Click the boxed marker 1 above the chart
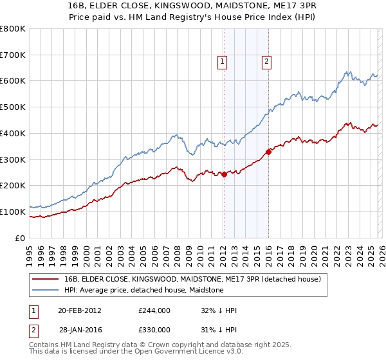222,62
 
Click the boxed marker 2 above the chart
266,62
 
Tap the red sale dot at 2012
224,174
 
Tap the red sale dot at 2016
268,152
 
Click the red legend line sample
45,280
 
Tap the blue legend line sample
45,291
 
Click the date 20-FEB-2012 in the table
80,310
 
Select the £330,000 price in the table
154,330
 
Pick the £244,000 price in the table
154,310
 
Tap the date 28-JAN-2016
80,330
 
